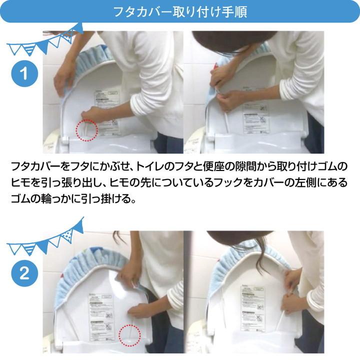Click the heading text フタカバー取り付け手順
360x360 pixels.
pos(180,11)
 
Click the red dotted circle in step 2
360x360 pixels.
pos(129,333)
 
